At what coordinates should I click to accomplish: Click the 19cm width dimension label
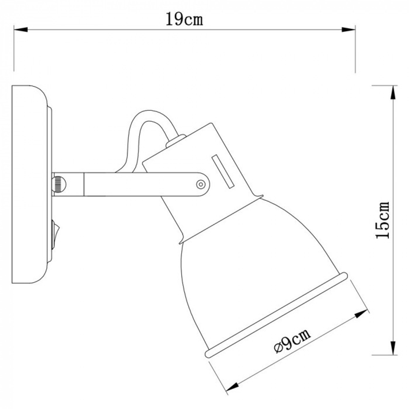point(184,19)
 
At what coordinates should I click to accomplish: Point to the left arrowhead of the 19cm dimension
point(20,29)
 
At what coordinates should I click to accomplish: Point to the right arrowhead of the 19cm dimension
point(348,29)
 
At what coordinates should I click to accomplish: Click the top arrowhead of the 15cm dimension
point(393,92)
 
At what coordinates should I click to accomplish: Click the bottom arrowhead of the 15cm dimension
point(393,348)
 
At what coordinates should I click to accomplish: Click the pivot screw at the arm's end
point(200,184)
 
